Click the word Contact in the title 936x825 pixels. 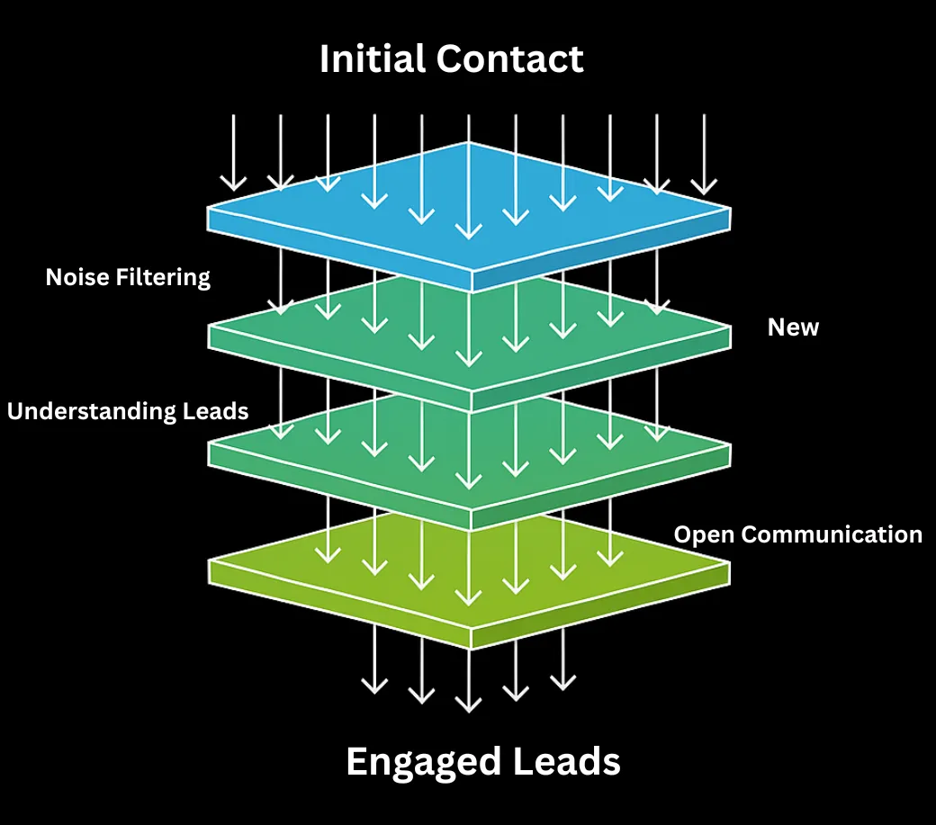(x=510, y=59)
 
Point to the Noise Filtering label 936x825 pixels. (x=128, y=277)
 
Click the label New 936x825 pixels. (x=793, y=327)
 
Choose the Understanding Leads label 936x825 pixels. (x=128, y=411)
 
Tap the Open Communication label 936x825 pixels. (x=797, y=534)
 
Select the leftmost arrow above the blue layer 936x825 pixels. (x=233, y=153)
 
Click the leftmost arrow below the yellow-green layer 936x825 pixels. (x=373, y=659)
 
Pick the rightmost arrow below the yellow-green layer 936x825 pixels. (x=562, y=659)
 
